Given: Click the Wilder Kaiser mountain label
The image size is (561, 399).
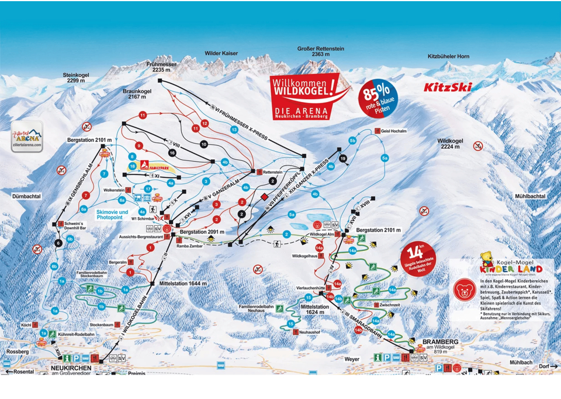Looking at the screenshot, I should click(221, 53).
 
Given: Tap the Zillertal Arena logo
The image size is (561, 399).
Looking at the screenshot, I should click(27, 137).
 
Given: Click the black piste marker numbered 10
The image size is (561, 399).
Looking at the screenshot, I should click(204, 143).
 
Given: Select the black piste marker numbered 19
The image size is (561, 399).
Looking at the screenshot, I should click(342, 159).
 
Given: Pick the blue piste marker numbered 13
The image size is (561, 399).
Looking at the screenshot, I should click(234, 129).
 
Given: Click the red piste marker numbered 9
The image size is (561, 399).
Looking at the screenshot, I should click(138, 145).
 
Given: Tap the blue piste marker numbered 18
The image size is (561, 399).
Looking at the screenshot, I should click(133, 166).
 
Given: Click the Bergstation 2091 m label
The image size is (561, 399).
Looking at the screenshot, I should click(202, 232).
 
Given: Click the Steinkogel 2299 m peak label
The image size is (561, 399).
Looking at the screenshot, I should click(77, 78).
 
